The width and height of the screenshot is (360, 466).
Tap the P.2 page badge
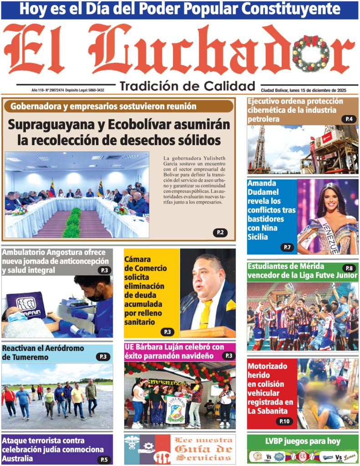pos(220,233)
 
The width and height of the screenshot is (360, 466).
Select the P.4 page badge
pos(349,119)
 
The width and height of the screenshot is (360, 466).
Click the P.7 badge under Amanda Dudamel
pos(287,247)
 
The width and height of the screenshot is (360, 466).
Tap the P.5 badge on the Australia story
pos(104,459)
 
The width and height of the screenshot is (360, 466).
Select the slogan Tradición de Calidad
pos(187,86)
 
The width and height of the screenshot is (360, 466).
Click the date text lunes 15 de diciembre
pos(314,90)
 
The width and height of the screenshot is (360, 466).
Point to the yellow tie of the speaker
pos(205,314)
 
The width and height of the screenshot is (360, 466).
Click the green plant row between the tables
pos(72,223)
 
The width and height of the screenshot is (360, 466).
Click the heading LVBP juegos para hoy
pos(302,441)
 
